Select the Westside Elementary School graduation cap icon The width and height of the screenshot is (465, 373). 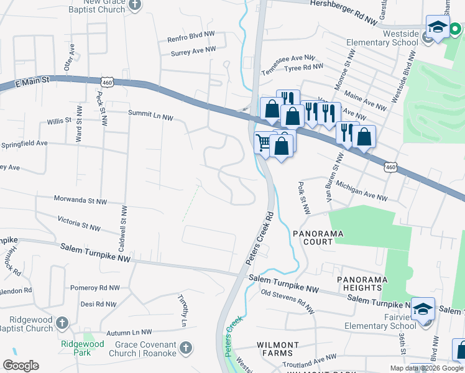click(x=438, y=27)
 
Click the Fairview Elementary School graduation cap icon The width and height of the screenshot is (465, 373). click(x=423, y=309)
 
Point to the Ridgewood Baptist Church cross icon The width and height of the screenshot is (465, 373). click(x=62, y=323)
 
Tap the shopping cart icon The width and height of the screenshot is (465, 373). click(x=264, y=143)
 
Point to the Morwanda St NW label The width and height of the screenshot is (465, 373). click(x=82, y=201)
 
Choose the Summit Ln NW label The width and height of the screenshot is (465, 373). click(x=150, y=114)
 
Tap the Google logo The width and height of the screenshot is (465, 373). click(x=21, y=366)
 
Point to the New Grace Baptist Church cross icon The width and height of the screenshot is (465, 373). click(x=135, y=5)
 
